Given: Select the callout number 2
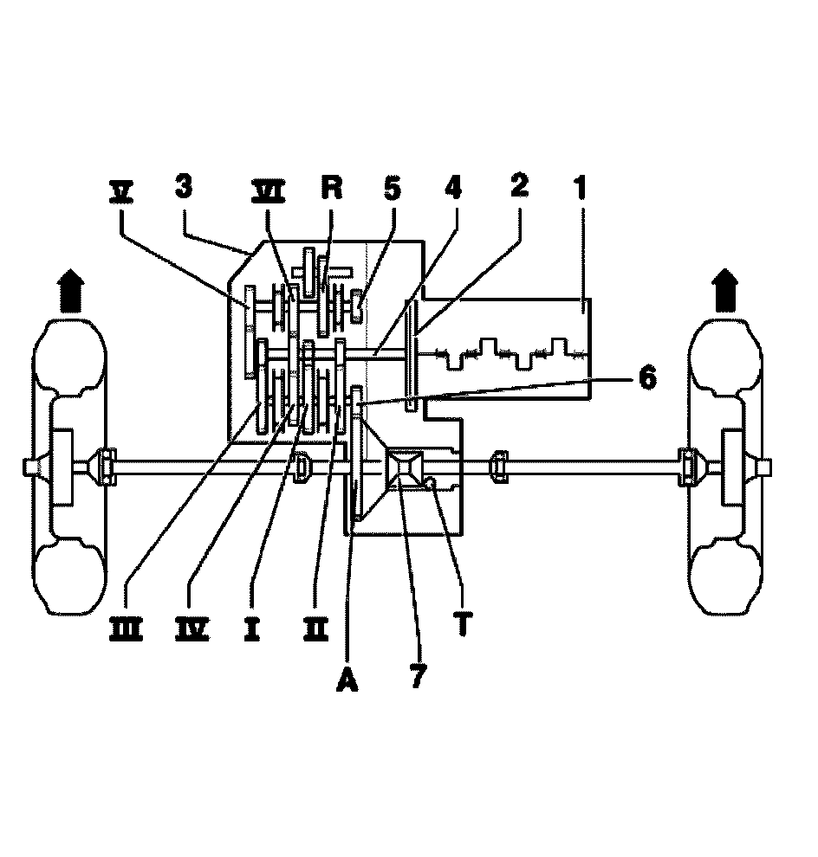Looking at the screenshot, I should (x=518, y=187).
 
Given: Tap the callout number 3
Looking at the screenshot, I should (x=183, y=187).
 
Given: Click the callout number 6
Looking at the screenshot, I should (x=646, y=378).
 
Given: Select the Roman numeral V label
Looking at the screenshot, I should (x=121, y=189).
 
